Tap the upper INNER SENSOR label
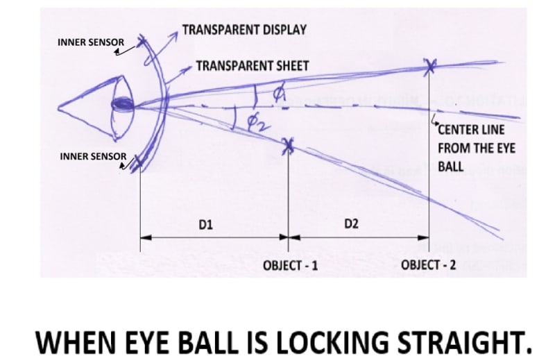pyautogui.click(x=90, y=42)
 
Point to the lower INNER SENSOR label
pyautogui.click(x=93, y=156)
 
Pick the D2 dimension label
pyautogui.click(x=351, y=224)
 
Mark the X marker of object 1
pyautogui.click(x=289, y=145)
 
